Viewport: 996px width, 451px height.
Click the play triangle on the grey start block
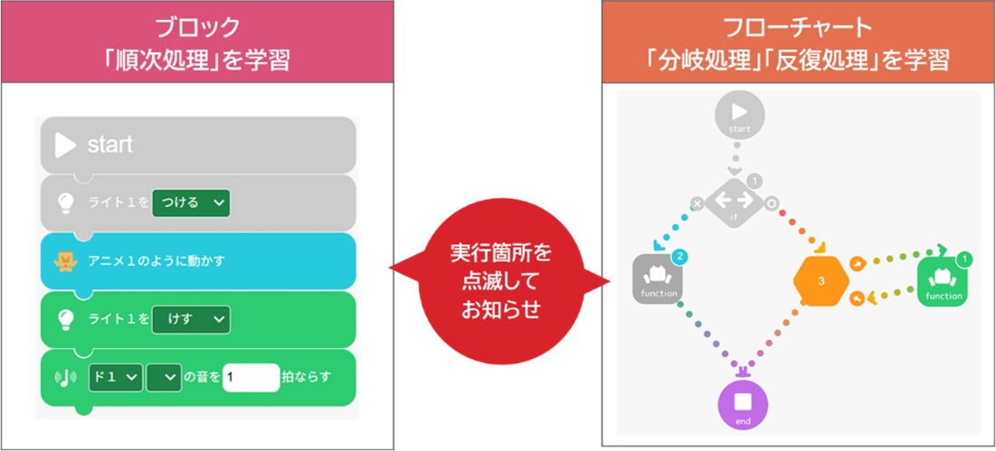click(65, 145)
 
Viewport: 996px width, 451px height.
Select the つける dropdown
click(191, 203)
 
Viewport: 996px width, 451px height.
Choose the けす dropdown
click(191, 319)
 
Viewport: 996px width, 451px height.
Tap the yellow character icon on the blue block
click(65, 261)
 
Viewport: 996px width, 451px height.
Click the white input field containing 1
click(251, 376)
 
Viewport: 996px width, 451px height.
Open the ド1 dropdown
click(116, 376)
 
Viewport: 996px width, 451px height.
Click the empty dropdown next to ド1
click(164, 376)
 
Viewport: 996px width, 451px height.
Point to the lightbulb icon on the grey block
click(65, 203)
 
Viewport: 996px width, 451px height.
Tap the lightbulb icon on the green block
click(65, 319)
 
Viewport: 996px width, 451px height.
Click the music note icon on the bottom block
click(66, 376)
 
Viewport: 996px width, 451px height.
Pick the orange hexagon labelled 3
click(821, 281)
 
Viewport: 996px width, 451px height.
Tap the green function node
click(944, 281)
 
